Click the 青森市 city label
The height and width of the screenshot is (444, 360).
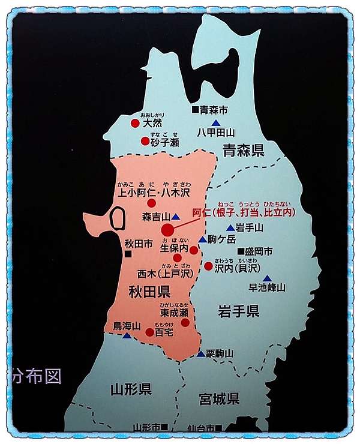(x=215, y=110)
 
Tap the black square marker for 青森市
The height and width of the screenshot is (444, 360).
(x=195, y=110)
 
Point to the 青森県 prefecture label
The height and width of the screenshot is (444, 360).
(x=243, y=149)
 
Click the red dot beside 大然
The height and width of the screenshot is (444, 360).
(x=135, y=123)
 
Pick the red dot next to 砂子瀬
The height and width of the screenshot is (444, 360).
(x=145, y=142)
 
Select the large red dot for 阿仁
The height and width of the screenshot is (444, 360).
(x=167, y=230)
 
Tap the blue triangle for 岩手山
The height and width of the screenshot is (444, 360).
(x=230, y=228)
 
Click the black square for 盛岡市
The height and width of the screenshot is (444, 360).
(x=240, y=251)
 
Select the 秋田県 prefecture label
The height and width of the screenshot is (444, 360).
(x=149, y=292)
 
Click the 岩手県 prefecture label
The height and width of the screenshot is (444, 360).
(x=238, y=311)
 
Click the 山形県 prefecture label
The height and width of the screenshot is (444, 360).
(x=130, y=389)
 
